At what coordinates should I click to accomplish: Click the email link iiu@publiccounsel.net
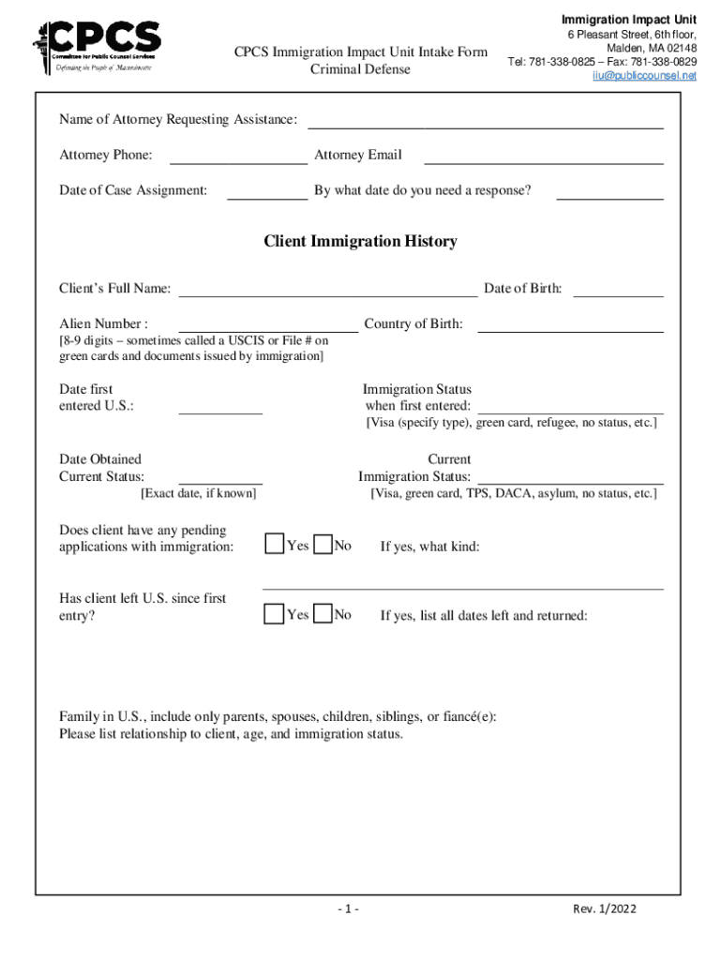point(644,76)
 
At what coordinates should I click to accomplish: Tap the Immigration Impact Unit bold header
point(628,20)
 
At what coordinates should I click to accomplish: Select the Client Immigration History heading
point(360,242)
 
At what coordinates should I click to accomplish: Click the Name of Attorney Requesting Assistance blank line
point(486,122)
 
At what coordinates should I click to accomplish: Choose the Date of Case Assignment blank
point(267,194)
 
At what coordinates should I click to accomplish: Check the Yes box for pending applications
point(274,545)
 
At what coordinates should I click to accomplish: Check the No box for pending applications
point(323,545)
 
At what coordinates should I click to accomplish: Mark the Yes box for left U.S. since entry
point(274,614)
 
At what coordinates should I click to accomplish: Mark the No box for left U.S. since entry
point(323,614)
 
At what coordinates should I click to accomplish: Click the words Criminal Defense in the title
point(360,69)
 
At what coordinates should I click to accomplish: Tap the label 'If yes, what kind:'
point(429,547)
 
